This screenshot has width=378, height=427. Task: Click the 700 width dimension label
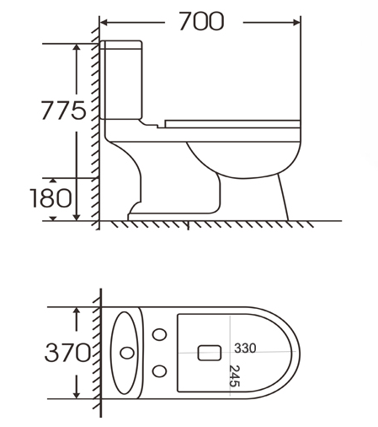coord(201,21)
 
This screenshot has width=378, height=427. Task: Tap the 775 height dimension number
coord(63,111)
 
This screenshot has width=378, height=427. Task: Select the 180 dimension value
coord(51,198)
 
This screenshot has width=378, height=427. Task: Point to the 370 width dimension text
coord(67,353)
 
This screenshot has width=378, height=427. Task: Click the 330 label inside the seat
coord(245,349)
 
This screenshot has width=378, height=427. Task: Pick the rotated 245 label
coord(234,376)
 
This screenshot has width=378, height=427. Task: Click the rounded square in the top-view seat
coord(210,353)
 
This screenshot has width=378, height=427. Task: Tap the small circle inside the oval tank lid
coord(127,353)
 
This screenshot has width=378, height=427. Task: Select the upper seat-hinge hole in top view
coord(159,335)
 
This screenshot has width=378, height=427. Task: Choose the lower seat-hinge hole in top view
coord(159,371)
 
